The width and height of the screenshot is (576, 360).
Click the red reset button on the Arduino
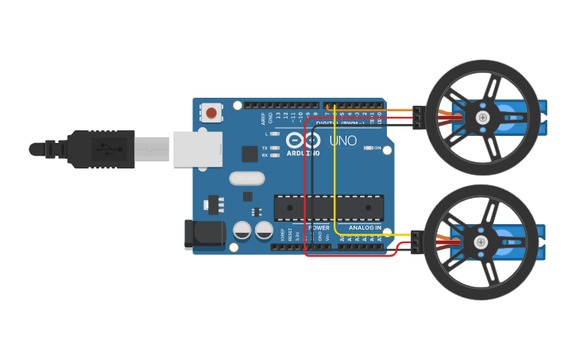click(211, 113)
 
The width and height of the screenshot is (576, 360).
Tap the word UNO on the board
click(343, 141)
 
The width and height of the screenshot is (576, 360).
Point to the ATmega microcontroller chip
click(329, 207)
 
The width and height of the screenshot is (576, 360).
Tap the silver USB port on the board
click(197, 149)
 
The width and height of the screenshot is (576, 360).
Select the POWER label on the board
click(319, 228)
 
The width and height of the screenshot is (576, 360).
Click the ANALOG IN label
click(365, 228)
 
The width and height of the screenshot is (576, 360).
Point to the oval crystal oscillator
click(247, 178)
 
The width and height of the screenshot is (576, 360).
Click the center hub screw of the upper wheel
click(482, 118)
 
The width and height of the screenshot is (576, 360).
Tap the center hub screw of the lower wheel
click(481, 242)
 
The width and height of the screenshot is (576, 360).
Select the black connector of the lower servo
click(416, 242)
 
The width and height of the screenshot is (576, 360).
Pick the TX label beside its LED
click(265, 148)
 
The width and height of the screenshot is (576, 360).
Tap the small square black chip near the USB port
click(249, 153)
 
